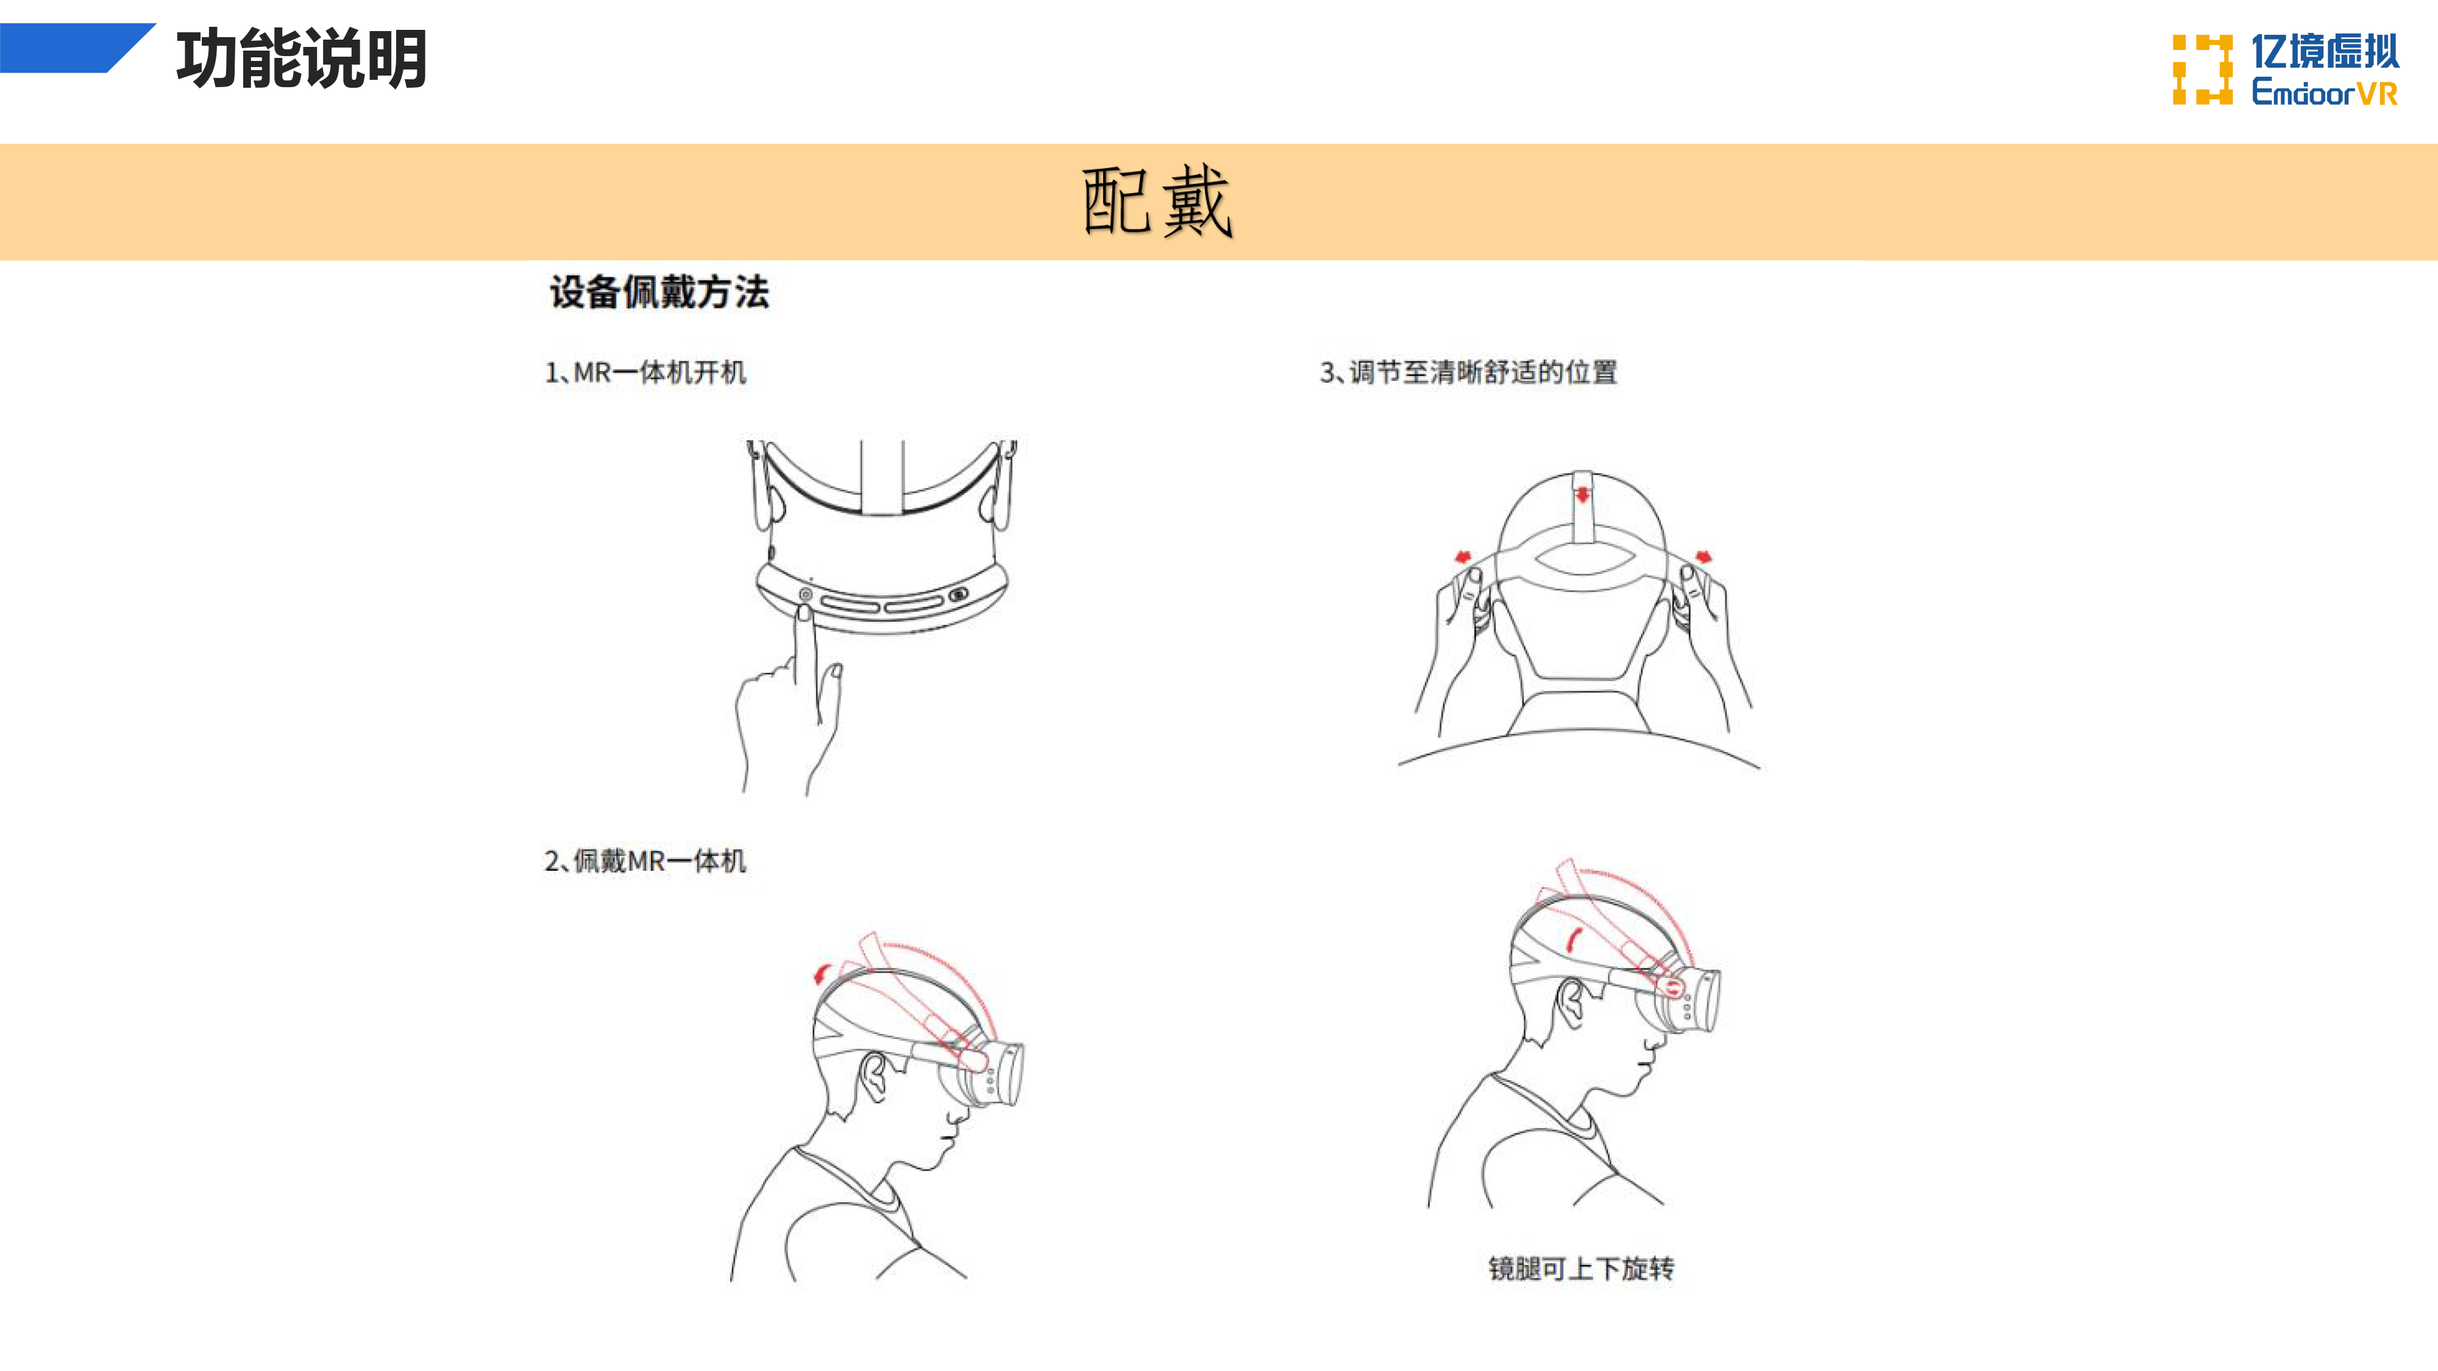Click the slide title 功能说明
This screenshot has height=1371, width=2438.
click(x=302, y=58)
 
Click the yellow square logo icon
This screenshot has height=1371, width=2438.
click(x=2202, y=69)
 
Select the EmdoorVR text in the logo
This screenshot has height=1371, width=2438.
click(x=2325, y=92)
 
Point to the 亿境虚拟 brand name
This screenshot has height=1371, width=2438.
click(x=2325, y=51)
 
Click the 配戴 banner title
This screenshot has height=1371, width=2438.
click(x=1157, y=200)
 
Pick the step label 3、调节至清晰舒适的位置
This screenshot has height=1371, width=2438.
click(x=1468, y=372)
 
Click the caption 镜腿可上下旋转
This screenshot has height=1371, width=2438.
click(x=1580, y=1268)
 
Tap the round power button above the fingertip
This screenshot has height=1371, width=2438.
click(x=805, y=594)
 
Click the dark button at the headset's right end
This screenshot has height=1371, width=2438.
click(x=959, y=594)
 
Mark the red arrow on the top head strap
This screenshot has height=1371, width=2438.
click(x=1582, y=495)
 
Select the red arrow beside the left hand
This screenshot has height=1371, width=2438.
click(x=1463, y=556)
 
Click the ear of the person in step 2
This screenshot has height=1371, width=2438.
click(x=875, y=1076)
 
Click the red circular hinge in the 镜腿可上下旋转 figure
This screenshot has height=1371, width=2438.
click(x=1672, y=988)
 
